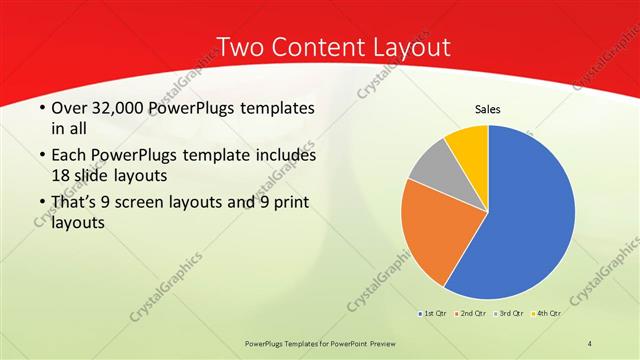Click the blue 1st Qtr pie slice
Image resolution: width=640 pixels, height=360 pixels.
point(530,215)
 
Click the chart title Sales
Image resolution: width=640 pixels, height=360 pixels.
point(487,109)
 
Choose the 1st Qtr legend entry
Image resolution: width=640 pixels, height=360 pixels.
point(431,314)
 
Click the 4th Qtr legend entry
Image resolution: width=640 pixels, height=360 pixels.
point(545,314)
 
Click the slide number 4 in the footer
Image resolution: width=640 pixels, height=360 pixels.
point(589,343)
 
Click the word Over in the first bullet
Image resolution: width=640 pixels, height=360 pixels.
point(68,108)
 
